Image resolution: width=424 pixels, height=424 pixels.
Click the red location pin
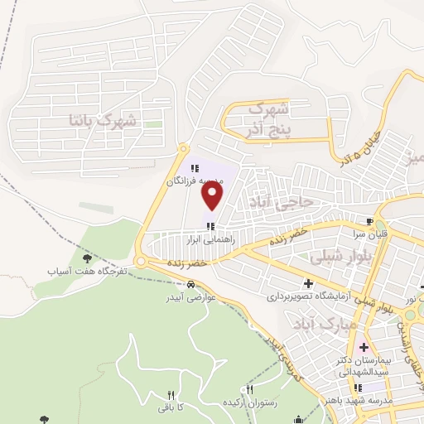214,195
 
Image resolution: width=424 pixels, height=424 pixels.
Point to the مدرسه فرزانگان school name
195,180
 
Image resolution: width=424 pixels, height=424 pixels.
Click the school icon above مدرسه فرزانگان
195,168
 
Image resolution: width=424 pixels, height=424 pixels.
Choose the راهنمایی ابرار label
212,237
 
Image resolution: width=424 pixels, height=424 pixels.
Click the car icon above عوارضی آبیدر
191,284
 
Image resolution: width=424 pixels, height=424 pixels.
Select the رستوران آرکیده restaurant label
249,401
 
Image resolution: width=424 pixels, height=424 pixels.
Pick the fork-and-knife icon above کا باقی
171,395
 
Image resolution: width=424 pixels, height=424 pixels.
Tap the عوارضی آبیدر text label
199,296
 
